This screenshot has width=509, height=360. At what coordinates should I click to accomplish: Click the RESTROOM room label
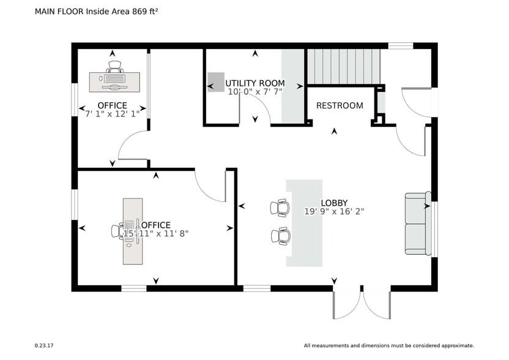pyautogui.click(x=340, y=105)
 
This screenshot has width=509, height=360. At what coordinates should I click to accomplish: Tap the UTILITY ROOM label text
pyautogui.click(x=255, y=83)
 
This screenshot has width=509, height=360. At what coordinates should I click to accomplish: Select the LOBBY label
pyautogui.click(x=334, y=203)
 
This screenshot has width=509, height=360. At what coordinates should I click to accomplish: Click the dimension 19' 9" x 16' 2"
pyautogui.click(x=334, y=211)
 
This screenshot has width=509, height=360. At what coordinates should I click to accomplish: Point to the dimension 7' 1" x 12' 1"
pyautogui.click(x=113, y=114)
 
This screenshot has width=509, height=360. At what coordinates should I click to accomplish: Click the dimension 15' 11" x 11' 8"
pyautogui.click(x=156, y=234)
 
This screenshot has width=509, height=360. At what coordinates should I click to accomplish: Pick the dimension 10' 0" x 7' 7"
pyautogui.click(x=255, y=92)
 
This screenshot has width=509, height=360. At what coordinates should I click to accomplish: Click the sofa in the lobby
pyautogui.click(x=418, y=223)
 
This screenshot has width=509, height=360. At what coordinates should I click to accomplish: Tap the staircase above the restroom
pyautogui.click(x=343, y=66)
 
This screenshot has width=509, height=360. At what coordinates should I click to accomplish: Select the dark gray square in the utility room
pyautogui.click(x=216, y=82)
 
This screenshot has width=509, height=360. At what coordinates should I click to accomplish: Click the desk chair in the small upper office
pyautogui.click(x=114, y=67)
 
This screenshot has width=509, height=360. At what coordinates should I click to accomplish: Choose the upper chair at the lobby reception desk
pyautogui.click(x=280, y=208)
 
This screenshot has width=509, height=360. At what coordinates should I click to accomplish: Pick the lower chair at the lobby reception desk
pyautogui.click(x=281, y=236)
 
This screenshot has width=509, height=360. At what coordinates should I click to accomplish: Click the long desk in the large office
pyautogui.click(x=133, y=231)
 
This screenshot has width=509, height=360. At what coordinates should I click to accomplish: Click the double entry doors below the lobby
pyautogui.click(x=362, y=303)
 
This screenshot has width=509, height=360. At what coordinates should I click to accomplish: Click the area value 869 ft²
pyautogui.click(x=145, y=12)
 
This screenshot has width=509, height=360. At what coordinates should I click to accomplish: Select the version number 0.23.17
pyautogui.click(x=44, y=346)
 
